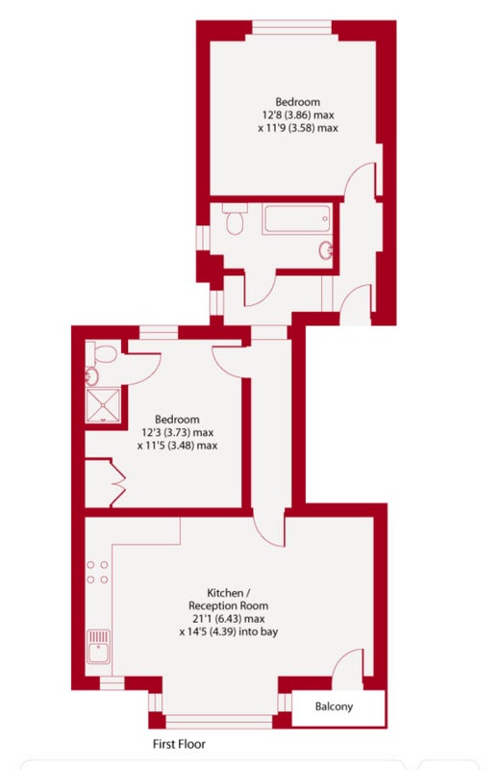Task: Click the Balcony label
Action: [334, 706]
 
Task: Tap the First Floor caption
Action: [179, 744]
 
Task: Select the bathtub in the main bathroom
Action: [297, 219]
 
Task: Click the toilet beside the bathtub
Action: [235, 218]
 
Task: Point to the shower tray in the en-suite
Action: [103, 405]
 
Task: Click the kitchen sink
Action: [99, 647]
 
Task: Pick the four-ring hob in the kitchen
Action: [98, 573]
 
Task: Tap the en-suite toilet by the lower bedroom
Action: [102, 352]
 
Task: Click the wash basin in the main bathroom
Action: [326, 251]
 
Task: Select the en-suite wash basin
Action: [91, 376]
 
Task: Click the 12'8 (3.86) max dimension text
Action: [298, 115]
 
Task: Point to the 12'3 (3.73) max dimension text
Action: [177, 432]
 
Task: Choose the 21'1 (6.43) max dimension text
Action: [228, 619]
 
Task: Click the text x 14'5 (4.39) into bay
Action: [229, 631]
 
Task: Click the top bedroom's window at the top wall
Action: [292, 27]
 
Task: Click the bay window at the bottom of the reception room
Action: [219, 722]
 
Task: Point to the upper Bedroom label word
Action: [298, 102]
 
